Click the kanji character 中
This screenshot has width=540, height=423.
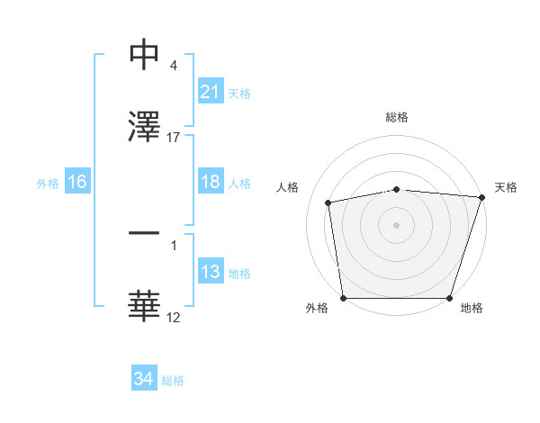[145, 56]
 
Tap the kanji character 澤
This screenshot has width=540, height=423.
[145, 126]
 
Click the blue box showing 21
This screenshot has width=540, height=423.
[210, 92]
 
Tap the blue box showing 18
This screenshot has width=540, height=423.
[210, 183]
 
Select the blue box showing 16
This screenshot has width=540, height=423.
[77, 183]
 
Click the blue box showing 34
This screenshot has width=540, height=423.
[143, 379]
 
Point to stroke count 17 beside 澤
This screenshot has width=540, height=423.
[174, 138]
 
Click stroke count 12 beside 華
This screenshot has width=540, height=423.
[174, 317]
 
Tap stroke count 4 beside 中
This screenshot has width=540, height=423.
[173, 66]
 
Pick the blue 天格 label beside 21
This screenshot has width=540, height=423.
[239, 93]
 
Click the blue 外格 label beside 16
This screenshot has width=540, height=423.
[48, 184]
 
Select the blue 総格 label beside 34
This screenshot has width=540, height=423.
[173, 381]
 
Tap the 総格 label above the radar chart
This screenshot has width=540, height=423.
[397, 118]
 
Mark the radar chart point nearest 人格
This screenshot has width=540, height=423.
[329, 202]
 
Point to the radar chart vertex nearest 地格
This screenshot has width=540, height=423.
[449, 298]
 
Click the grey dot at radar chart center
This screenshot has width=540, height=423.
[397, 224]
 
